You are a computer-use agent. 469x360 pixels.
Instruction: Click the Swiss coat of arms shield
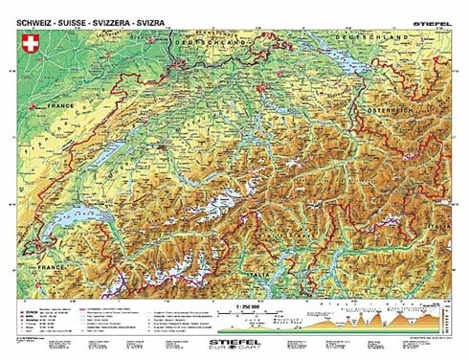click(x=28, y=44)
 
